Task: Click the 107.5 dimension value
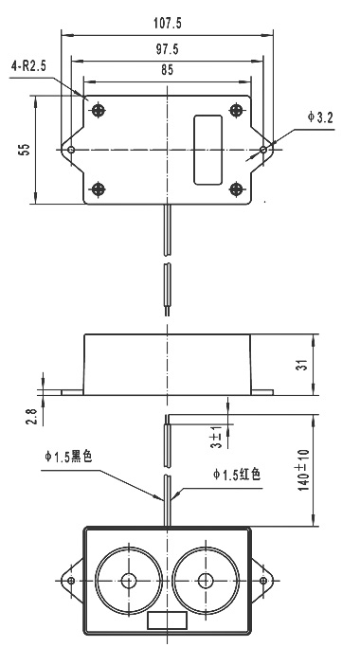tap(167, 23)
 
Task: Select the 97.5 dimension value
tap(167, 49)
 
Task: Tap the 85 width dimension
tap(167, 70)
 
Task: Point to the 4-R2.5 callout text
tap(28, 66)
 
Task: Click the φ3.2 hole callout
tap(319, 117)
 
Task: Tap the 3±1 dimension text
tap(216, 438)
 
